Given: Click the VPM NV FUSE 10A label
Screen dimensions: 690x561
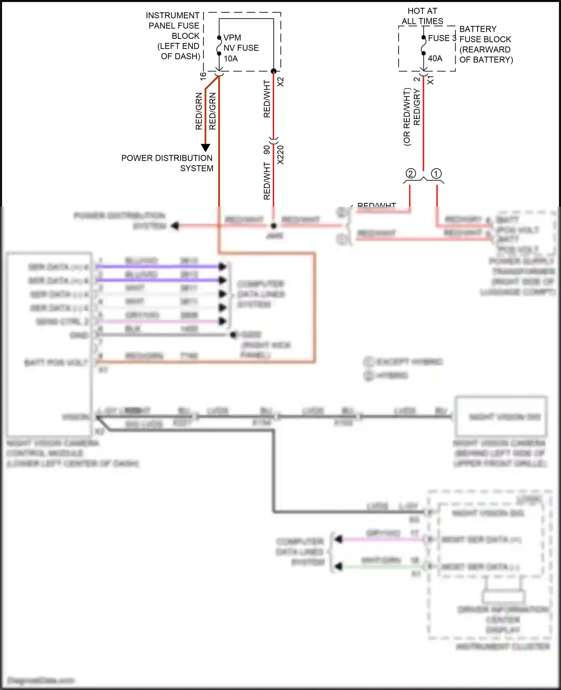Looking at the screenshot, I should (x=240, y=48).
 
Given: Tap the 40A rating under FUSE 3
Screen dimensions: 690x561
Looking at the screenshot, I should (x=435, y=58).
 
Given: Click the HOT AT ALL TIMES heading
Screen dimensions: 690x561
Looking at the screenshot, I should (x=422, y=16).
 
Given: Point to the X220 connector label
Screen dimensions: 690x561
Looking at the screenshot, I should (x=280, y=155).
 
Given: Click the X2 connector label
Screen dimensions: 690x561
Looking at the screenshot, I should (x=280, y=82).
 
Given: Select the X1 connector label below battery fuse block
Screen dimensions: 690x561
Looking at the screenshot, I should (x=430, y=80).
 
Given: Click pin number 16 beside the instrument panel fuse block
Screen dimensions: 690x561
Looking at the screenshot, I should (x=203, y=75).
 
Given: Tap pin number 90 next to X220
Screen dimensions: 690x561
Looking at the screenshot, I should (x=267, y=150).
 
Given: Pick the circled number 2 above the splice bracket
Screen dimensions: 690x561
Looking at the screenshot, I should (x=411, y=173).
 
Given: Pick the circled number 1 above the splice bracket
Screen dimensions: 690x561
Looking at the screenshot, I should (x=436, y=173).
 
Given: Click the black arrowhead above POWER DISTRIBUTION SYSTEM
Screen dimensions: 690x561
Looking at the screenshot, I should (x=205, y=148).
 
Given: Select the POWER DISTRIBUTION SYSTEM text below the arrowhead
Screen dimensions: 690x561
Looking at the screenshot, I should (x=167, y=163).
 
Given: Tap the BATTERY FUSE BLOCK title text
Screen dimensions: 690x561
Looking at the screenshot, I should (x=485, y=44).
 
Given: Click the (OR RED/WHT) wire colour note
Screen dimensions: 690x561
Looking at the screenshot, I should (x=407, y=117).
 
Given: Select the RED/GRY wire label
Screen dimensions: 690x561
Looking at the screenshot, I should (x=417, y=107).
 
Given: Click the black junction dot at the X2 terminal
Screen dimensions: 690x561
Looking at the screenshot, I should (x=273, y=71).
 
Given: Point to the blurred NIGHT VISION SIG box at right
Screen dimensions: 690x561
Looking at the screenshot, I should (x=501, y=416).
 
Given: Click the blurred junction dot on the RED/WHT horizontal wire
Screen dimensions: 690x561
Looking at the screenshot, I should (x=273, y=226).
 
